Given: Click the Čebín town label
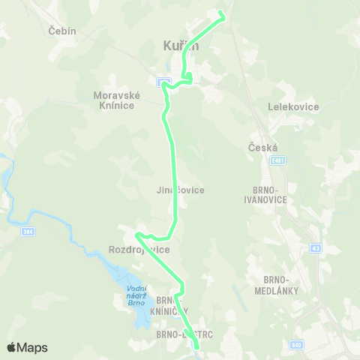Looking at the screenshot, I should click(62, 31).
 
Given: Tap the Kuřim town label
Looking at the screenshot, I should click(181, 46).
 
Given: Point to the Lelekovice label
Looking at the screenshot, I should click(293, 106).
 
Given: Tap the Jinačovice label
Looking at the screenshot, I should click(181, 190).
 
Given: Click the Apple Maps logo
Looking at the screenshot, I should click(27, 347).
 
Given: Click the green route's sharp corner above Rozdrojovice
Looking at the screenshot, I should click(136, 235).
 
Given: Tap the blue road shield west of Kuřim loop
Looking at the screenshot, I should click(163, 81).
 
